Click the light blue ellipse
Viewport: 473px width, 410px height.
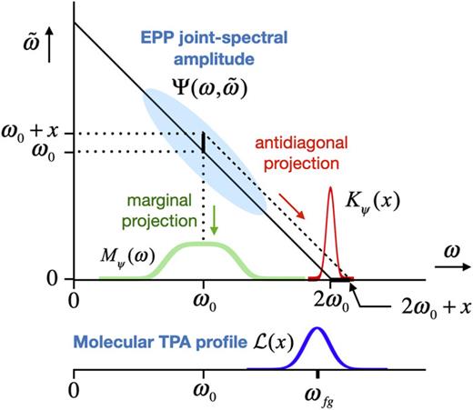(x=206, y=150)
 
